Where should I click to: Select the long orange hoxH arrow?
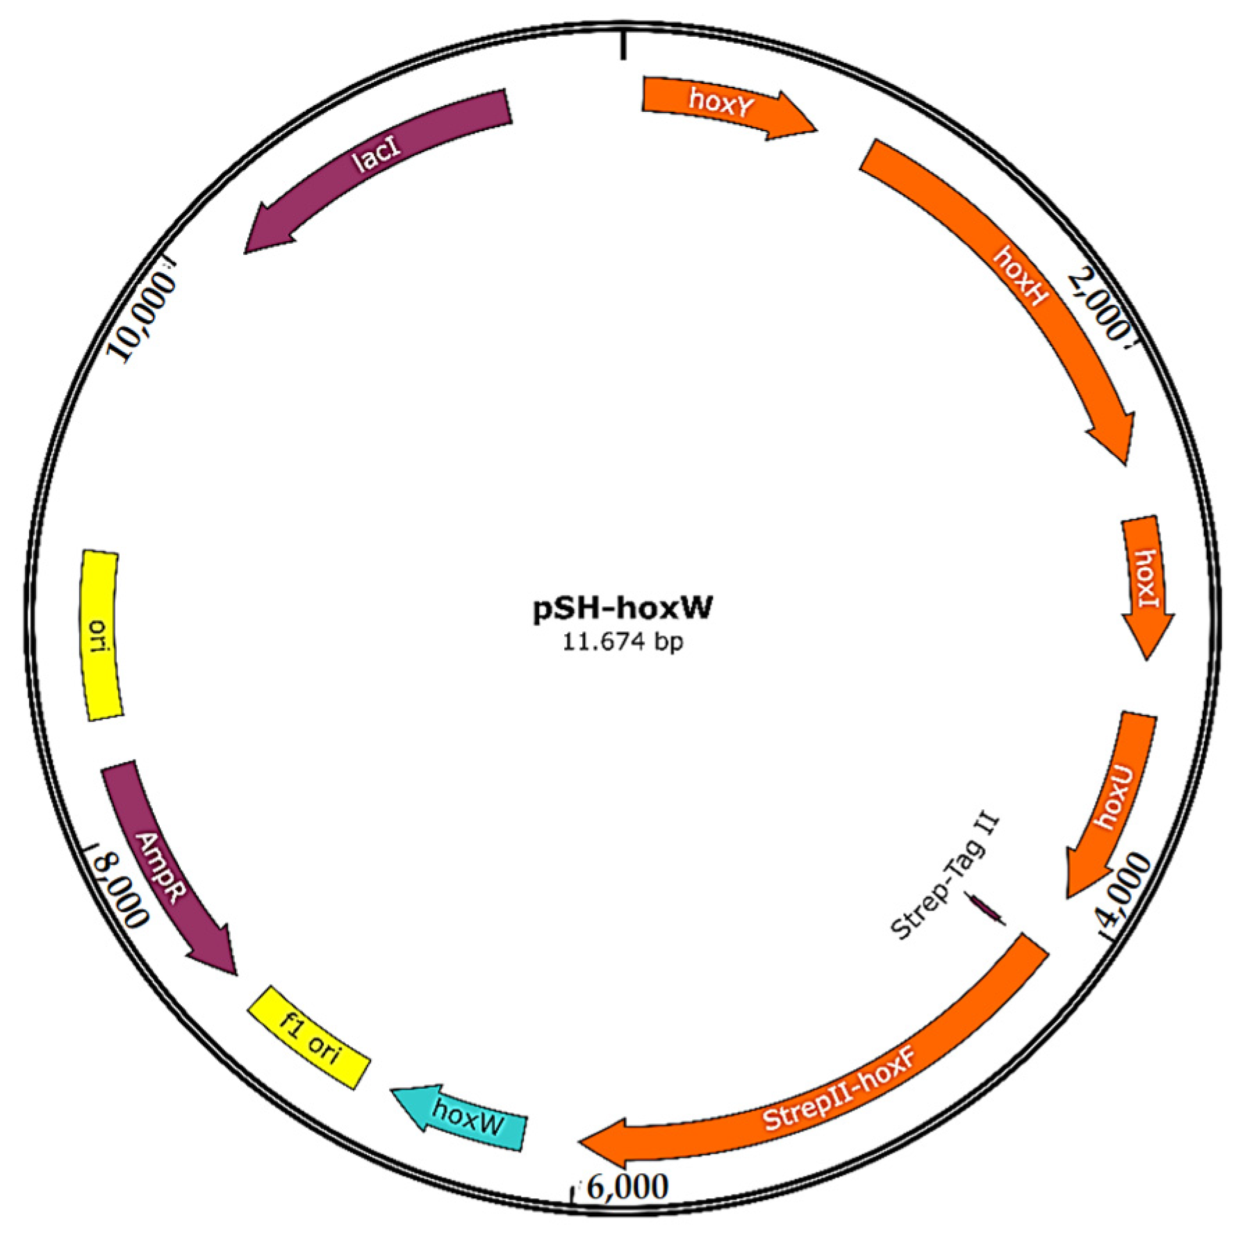click(1014, 278)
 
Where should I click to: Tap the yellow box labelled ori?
click(101, 636)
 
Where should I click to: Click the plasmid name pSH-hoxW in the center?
click(623, 608)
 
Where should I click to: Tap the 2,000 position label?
click(1098, 306)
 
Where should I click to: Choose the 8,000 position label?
click(122, 889)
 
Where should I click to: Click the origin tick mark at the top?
click(623, 46)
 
